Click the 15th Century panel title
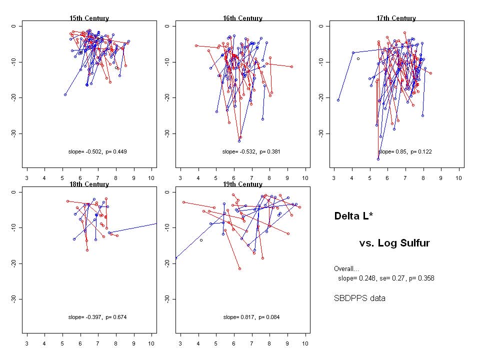(x=89, y=18)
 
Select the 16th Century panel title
(x=242, y=18)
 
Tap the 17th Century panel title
(x=396, y=18)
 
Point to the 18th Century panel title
(x=89, y=184)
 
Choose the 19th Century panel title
(x=242, y=184)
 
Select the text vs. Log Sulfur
(x=394, y=243)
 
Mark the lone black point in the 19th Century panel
(x=201, y=240)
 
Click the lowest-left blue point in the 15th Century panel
(x=65, y=94)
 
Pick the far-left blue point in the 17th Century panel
(x=338, y=100)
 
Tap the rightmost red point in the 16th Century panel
(x=291, y=66)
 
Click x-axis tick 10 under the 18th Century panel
(x=151, y=343)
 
